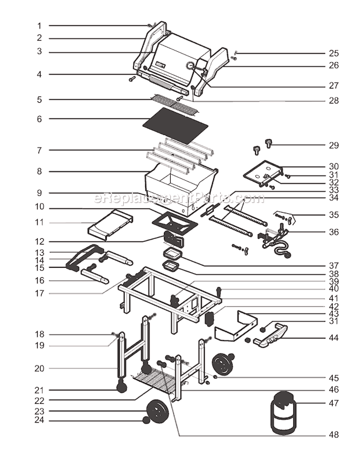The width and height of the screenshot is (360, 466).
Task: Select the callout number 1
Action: (x=39, y=26)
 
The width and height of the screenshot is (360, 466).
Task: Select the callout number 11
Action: (x=39, y=223)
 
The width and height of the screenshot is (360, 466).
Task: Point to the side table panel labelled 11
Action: (x=110, y=223)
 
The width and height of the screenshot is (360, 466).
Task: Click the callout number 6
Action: (x=39, y=119)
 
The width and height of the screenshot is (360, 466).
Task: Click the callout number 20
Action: (x=39, y=368)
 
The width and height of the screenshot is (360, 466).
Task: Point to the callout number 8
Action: (x=39, y=171)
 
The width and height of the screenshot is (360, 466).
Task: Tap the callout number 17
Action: (x=39, y=293)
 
